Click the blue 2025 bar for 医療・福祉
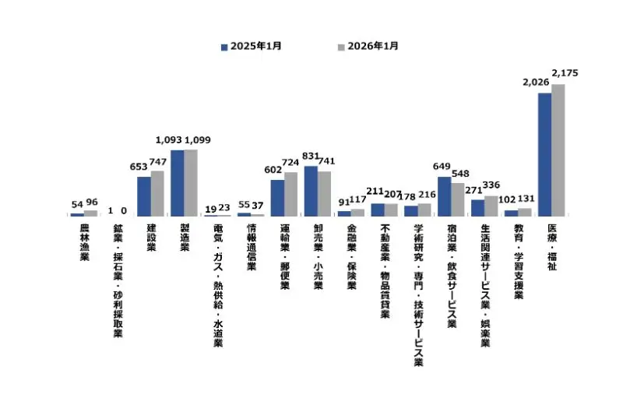(x=544, y=154)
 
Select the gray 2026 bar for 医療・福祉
(x=558, y=150)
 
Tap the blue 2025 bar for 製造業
(x=178, y=182)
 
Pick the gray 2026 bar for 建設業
(x=157, y=193)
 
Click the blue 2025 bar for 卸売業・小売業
(x=311, y=191)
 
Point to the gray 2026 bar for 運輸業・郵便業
(x=291, y=194)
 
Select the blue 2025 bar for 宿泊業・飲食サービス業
(x=444, y=196)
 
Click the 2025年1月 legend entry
(x=251, y=46)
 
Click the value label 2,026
(x=537, y=81)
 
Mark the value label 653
(x=138, y=166)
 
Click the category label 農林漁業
(x=84, y=241)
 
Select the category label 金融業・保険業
(x=351, y=252)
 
